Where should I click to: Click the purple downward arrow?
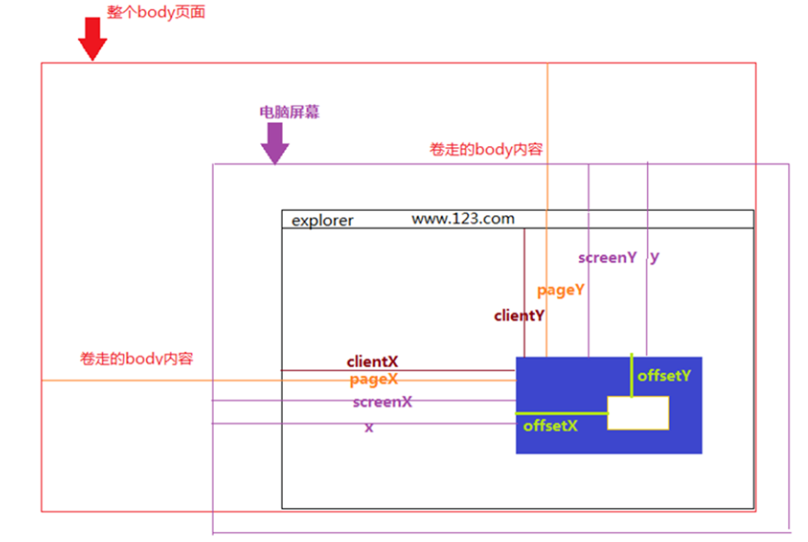click(275, 143)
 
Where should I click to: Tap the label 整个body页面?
click(156, 13)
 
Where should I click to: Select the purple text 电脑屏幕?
click(289, 112)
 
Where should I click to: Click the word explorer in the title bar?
click(322, 220)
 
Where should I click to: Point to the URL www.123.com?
click(463, 218)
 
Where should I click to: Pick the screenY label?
click(607, 258)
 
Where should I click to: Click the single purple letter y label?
click(654, 257)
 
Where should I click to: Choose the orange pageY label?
click(561, 290)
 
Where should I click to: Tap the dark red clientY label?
click(519, 316)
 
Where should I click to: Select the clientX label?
click(373, 362)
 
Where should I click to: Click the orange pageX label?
click(373, 380)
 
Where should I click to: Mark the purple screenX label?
click(382, 402)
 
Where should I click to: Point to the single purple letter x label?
click(369, 427)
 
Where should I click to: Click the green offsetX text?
click(549, 425)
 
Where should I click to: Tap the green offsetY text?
click(664, 376)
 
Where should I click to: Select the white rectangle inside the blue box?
click(637, 413)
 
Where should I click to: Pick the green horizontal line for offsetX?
click(562, 413)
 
